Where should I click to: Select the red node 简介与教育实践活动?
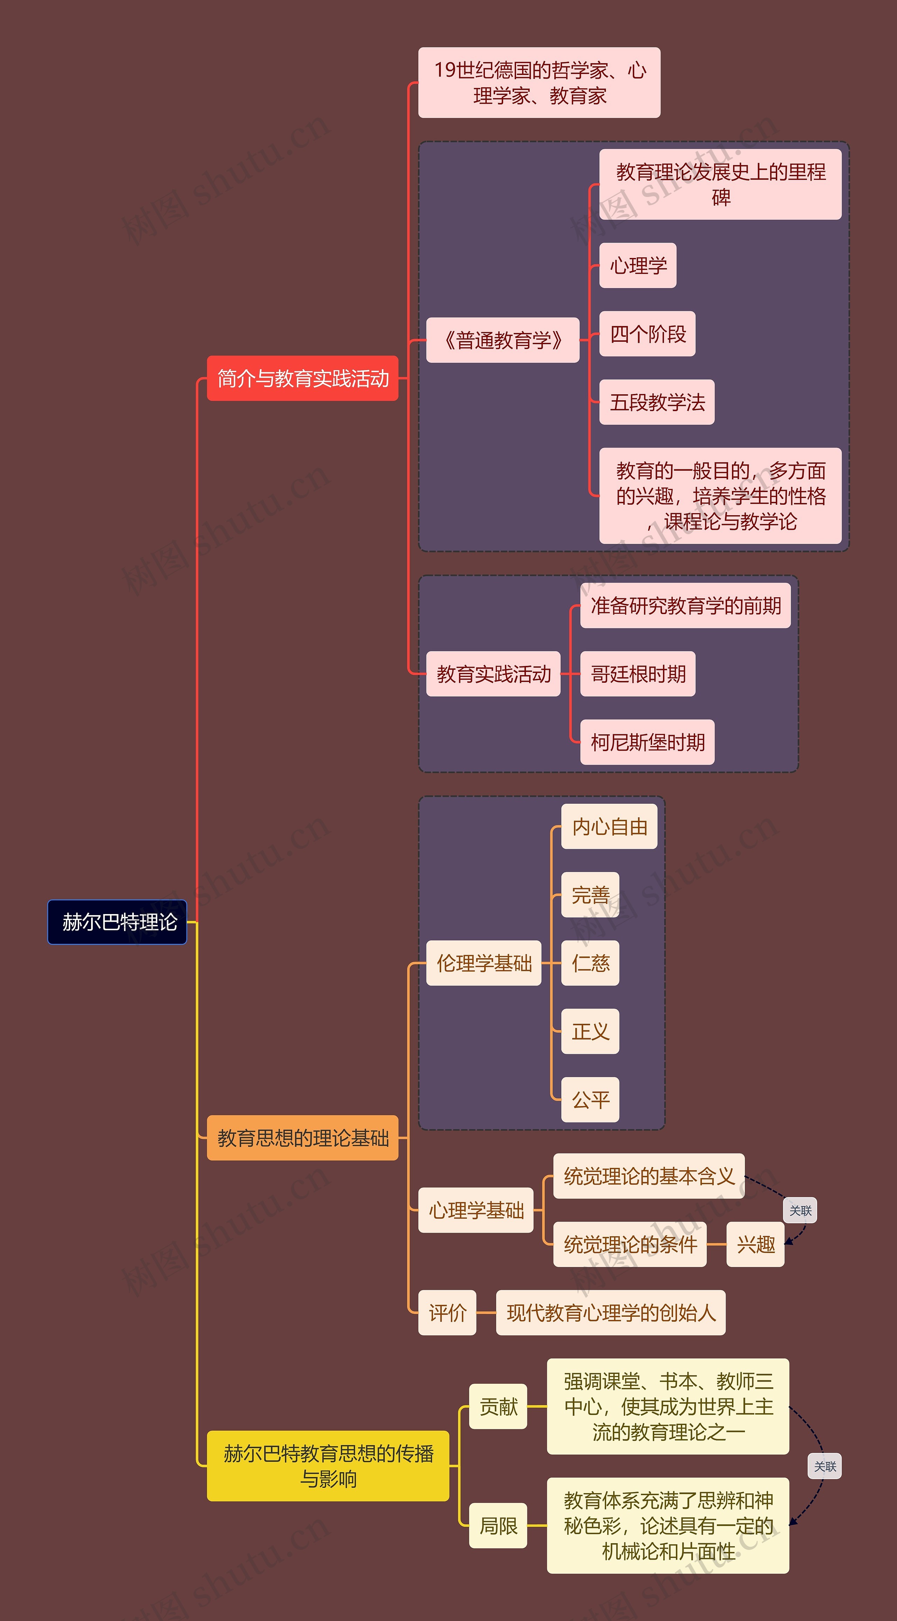click(303, 378)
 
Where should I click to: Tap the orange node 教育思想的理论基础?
click(303, 1138)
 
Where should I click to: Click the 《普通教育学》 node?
click(502, 340)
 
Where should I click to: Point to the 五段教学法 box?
click(657, 402)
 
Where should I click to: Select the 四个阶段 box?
click(647, 334)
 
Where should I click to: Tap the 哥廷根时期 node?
click(638, 674)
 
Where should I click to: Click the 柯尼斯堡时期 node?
click(647, 742)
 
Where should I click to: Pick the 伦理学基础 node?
click(484, 963)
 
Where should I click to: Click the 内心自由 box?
click(609, 826)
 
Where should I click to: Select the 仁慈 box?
click(590, 963)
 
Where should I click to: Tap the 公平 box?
click(590, 1099)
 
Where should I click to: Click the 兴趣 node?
click(755, 1244)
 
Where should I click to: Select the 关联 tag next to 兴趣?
click(800, 1210)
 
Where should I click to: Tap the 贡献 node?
click(498, 1407)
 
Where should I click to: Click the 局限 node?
click(498, 1525)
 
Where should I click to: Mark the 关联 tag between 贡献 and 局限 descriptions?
click(825, 1466)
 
